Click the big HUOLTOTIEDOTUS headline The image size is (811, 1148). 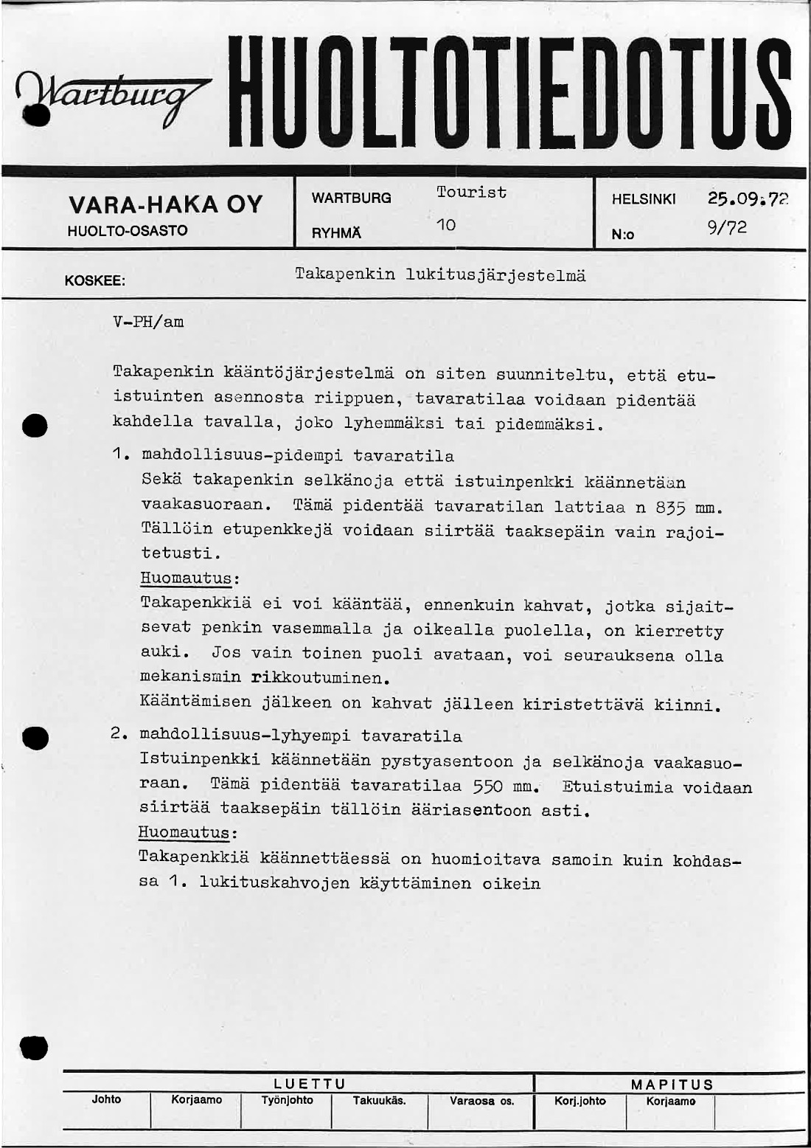click(x=509, y=92)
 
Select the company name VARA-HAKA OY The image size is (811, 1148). click(x=165, y=204)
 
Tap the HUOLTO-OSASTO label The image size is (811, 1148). click(x=128, y=230)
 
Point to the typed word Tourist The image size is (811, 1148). click(x=471, y=193)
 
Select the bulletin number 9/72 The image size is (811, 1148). click(x=727, y=228)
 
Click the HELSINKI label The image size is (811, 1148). click(x=644, y=199)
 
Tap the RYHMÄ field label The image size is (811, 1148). click(x=336, y=233)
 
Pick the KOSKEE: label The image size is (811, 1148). click(x=95, y=281)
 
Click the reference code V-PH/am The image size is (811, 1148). click(x=148, y=322)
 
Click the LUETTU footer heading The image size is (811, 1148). click(x=310, y=1084)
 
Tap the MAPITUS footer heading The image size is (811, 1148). click(x=672, y=1084)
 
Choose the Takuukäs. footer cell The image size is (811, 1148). click(x=379, y=1100)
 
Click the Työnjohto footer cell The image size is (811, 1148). click(x=287, y=1100)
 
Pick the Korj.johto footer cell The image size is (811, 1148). click(x=580, y=1101)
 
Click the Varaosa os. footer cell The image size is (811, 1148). click(x=481, y=1101)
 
